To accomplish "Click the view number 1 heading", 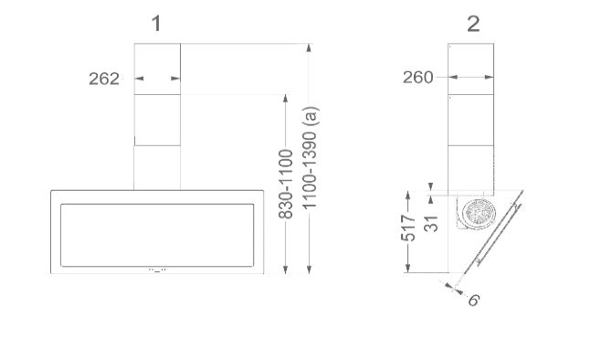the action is coord(156,24).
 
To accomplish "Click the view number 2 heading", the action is coord(473,24).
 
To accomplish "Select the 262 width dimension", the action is coord(104,79).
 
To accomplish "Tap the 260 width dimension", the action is coord(418,78).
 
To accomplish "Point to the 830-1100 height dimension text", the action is coord(286,184).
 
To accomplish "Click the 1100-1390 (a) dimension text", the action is coord(311,157).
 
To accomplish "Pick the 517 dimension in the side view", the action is coord(407,228).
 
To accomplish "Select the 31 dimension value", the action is coord(431,224).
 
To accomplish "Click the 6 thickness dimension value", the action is coord(474,301).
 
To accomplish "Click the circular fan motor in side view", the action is coord(479,214).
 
